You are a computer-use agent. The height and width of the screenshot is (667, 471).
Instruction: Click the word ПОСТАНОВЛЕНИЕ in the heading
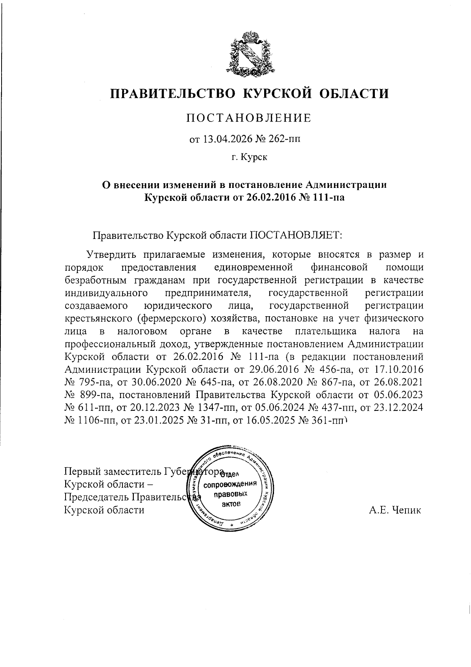pyautogui.click(x=248, y=118)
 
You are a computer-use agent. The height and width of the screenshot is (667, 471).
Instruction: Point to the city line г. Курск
pyautogui.click(x=249, y=158)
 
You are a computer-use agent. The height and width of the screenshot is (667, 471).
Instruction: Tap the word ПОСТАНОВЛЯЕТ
pyautogui.click(x=296, y=236)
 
